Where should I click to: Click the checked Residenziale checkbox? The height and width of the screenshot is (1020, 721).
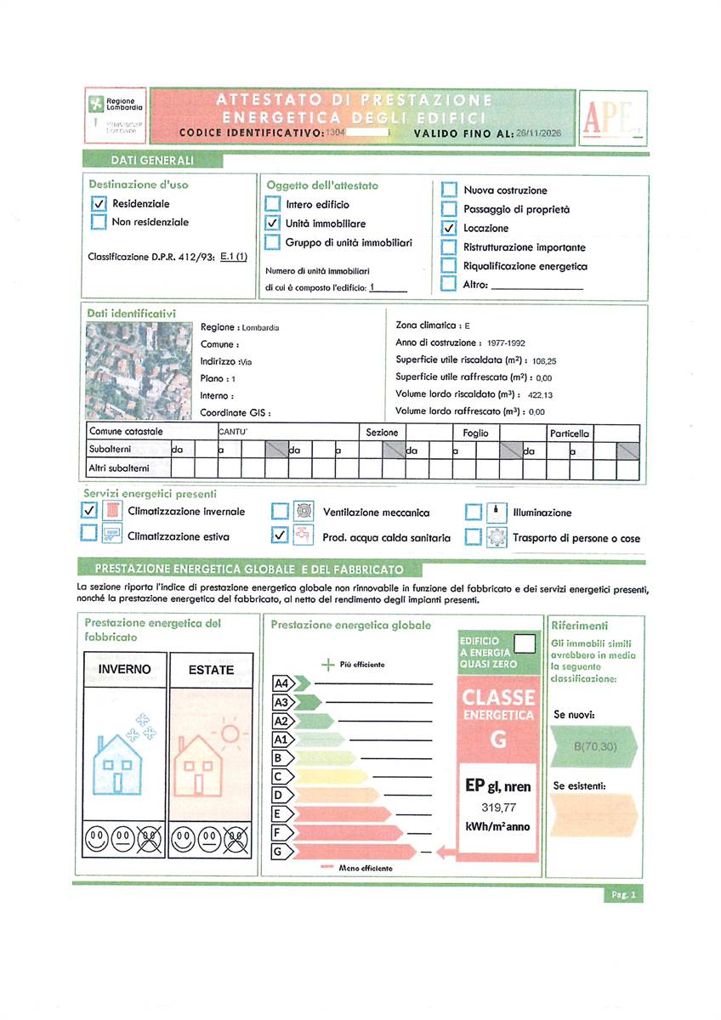(98, 204)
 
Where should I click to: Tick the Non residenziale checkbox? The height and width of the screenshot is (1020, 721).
(98, 223)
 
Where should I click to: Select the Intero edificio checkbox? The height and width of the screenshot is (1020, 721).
(272, 204)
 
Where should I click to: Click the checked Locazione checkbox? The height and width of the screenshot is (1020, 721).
(449, 228)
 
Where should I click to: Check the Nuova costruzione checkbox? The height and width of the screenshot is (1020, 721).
(449, 190)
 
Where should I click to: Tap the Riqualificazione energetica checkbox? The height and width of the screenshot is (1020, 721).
(449, 266)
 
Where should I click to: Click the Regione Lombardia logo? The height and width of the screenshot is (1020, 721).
(117, 105)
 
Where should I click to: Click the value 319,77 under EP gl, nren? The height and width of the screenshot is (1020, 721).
(498, 807)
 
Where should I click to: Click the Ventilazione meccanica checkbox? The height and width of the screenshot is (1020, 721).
(281, 513)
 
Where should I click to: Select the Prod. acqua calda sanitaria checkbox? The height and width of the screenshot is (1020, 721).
(281, 536)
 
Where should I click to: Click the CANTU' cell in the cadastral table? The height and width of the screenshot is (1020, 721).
(233, 433)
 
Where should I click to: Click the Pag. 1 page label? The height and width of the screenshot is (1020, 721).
(623, 894)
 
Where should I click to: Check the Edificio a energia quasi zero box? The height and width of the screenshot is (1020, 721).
(525, 643)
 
